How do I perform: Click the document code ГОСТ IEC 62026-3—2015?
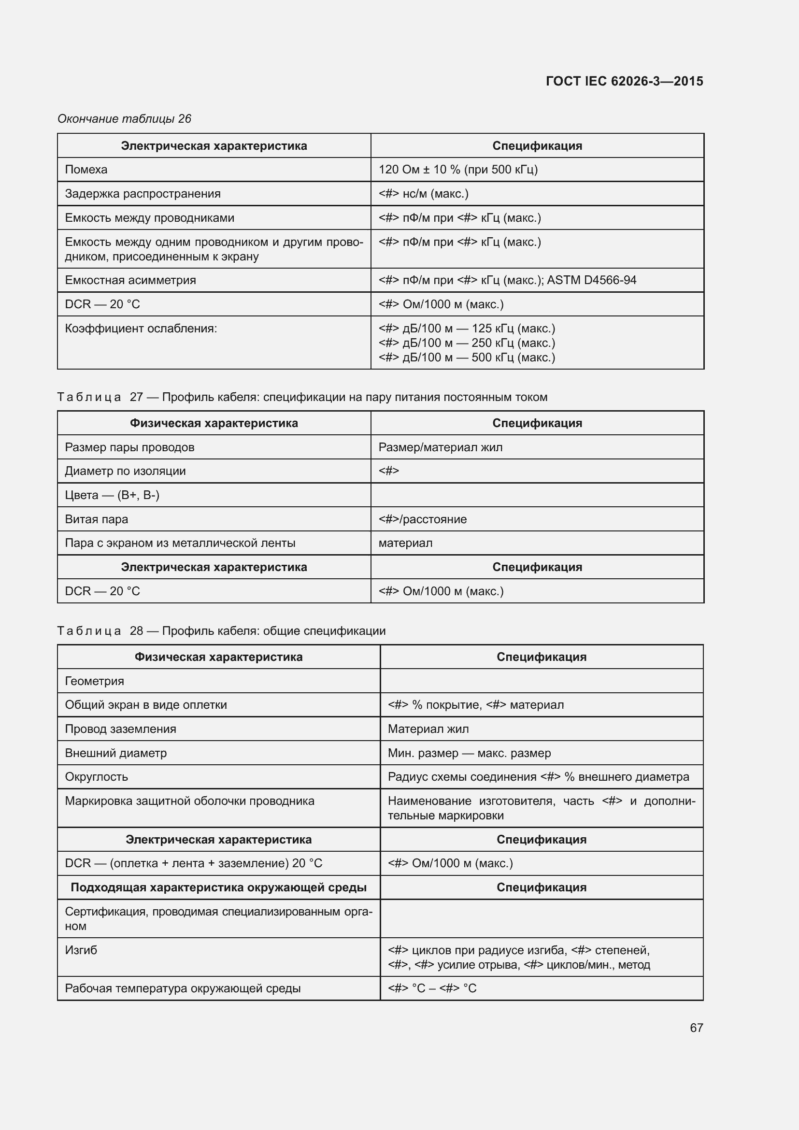[x=624, y=81]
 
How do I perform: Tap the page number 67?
[x=696, y=1028]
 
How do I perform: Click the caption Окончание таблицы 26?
[x=124, y=119]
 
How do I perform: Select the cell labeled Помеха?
[x=86, y=169]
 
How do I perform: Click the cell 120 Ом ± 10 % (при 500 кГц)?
[x=457, y=169]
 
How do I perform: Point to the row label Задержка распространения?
[x=143, y=193]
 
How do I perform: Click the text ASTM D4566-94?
[x=591, y=280]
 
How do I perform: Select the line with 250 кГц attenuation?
[x=467, y=343]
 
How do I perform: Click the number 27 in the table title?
[x=136, y=397]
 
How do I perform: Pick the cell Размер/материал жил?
[x=440, y=447]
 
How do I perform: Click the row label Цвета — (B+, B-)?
[x=112, y=495]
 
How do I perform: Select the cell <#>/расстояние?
[x=422, y=519]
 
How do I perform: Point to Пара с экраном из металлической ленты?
[x=180, y=543]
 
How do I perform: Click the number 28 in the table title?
[x=136, y=631]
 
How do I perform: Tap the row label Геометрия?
[x=95, y=681]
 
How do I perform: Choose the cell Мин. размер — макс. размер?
[x=469, y=753]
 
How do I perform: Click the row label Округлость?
[x=97, y=777]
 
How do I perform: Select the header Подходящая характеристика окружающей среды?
[x=218, y=887]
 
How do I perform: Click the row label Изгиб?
[x=81, y=950]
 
